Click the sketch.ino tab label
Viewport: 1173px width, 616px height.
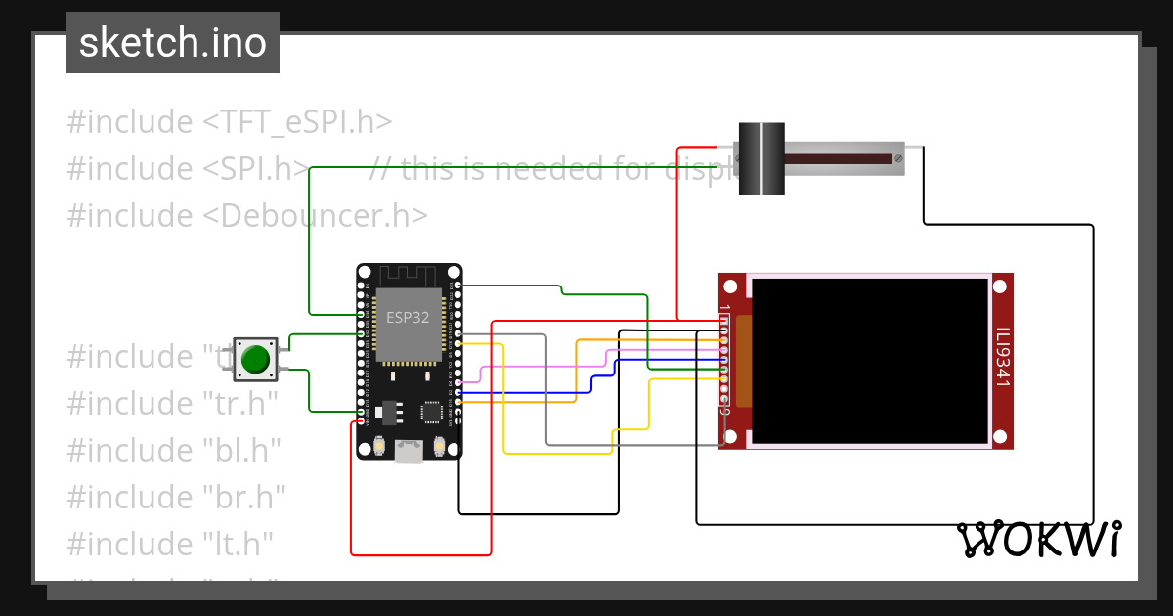pos(172,43)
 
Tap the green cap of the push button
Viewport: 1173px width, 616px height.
pos(255,359)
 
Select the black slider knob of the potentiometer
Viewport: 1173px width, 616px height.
pos(761,158)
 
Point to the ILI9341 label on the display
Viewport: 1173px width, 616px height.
pos(1001,357)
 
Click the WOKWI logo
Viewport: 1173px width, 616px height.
pos(1038,539)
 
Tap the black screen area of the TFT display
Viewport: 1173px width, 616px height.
pos(870,359)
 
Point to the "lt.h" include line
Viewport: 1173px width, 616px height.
pos(169,543)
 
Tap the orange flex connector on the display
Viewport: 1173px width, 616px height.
pos(743,361)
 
